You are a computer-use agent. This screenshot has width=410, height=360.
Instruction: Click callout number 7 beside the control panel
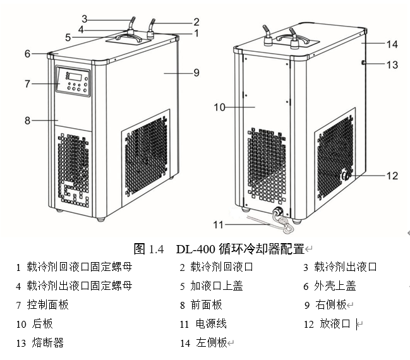(x=27, y=83)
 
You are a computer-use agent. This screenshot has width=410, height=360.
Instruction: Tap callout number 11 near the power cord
(x=219, y=223)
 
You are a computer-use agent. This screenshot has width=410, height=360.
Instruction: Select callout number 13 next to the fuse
(x=392, y=64)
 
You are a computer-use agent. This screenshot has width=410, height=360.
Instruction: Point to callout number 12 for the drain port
(x=392, y=176)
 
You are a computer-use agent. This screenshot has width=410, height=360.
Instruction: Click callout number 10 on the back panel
(x=219, y=108)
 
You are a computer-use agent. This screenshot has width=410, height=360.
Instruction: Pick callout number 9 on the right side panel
(x=196, y=73)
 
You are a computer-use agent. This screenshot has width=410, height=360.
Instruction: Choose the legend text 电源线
(x=211, y=323)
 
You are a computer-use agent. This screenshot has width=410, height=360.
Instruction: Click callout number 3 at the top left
(x=83, y=18)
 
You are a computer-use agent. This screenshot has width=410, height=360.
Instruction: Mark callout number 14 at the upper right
(x=392, y=44)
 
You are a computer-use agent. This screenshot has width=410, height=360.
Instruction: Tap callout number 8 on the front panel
(x=27, y=120)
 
